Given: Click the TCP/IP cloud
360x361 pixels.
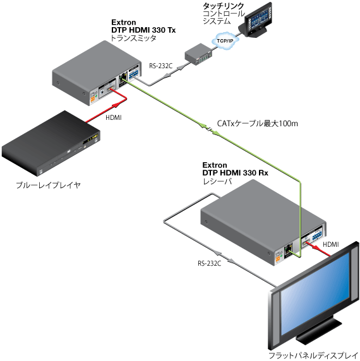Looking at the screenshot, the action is point(225,41).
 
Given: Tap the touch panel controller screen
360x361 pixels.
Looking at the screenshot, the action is point(259,17).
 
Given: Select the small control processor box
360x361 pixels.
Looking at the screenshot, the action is point(198,54).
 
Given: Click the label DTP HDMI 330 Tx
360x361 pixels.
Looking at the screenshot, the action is point(143,30).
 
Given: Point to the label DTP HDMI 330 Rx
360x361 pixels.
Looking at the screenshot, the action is point(235,173).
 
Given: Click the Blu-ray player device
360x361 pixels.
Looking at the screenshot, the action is point(51,143).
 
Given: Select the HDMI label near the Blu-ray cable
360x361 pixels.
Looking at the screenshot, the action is point(113,117).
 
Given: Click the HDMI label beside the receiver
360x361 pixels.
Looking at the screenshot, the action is point(331,244).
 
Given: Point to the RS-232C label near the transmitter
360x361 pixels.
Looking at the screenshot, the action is point(160,66).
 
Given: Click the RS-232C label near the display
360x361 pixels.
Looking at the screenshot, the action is point(209,263).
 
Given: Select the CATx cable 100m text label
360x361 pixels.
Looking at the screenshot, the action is point(257,124).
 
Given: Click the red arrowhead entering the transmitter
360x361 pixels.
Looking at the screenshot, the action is point(117,105).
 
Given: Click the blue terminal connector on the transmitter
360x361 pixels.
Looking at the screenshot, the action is point(133,74).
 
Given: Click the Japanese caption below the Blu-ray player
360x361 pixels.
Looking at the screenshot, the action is point(49,185).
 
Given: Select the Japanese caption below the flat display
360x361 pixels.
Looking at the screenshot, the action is point(313,355).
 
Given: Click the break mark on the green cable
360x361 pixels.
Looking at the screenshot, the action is point(209,129).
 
